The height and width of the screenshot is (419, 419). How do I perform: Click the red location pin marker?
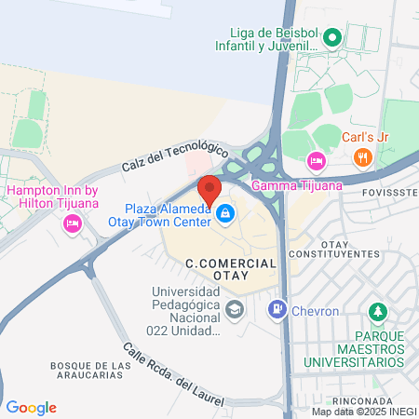[x=209, y=189]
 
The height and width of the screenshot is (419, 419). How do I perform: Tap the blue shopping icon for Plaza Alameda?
[x=224, y=215]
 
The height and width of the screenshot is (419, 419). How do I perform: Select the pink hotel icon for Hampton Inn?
[x=72, y=223]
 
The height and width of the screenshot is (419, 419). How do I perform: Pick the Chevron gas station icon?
[x=277, y=308]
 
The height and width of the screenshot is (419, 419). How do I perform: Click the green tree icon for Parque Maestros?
[x=377, y=310]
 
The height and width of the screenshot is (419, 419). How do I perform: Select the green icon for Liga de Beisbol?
[x=334, y=39]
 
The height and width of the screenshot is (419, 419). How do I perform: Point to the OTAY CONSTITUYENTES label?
[x=333, y=248]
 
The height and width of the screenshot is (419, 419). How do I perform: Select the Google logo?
[x=31, y=408]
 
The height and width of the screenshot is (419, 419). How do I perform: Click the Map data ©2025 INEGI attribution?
[x=363, y=412]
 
